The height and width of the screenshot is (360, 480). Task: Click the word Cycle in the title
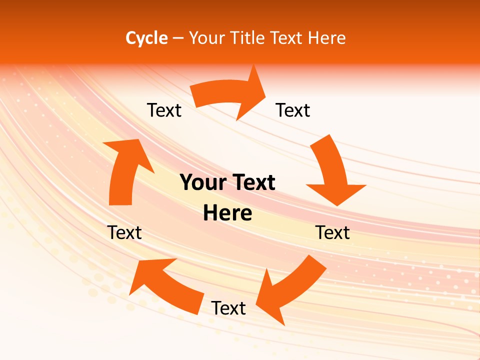[x=146, y=38]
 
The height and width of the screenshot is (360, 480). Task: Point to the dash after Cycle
[x=178, y=38]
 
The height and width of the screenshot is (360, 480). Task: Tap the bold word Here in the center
[x=227, y=213]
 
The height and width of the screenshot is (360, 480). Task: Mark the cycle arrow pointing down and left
[x=287, y=287]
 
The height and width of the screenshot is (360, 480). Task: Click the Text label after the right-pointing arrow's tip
[x=293, y=110]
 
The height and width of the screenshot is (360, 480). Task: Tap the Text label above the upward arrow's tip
[x=164, y=110]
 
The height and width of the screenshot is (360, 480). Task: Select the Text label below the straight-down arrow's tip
[x=333, y=232]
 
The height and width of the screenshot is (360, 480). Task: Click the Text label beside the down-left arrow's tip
[x=228, y=308]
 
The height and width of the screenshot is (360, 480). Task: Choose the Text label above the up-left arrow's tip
[x=124, y=232]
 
